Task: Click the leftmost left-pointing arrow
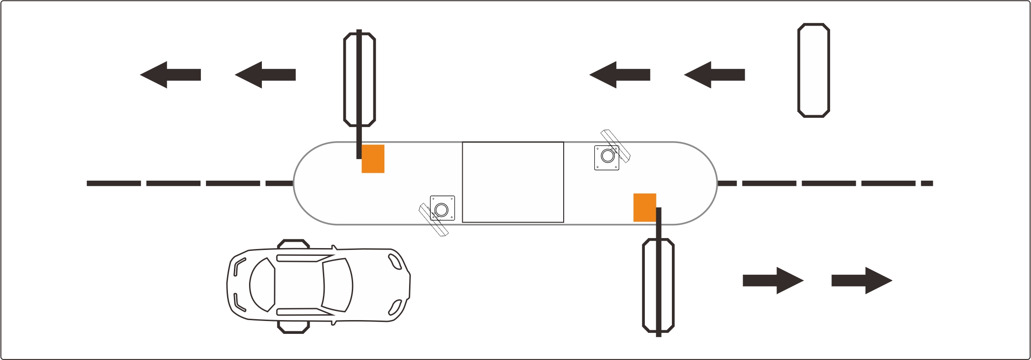tap(170, 75)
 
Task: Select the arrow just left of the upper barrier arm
tap(265, 75)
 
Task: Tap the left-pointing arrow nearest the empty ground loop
tap(714, 75)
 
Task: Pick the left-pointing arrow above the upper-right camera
tap(620, 75)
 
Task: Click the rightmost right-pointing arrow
tap(862, 280)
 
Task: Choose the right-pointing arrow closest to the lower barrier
tap(773, 280)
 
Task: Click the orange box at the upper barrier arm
tap(373, 159)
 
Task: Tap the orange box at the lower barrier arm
tap(644, 207)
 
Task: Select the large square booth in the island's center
tap(513, 182)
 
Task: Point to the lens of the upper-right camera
tap(608, 156)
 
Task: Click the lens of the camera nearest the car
tap(441, 210)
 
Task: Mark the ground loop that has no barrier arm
tap(814, 71)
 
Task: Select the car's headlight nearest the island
tap(394, 262)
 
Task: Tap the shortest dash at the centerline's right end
tap(927, 183)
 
